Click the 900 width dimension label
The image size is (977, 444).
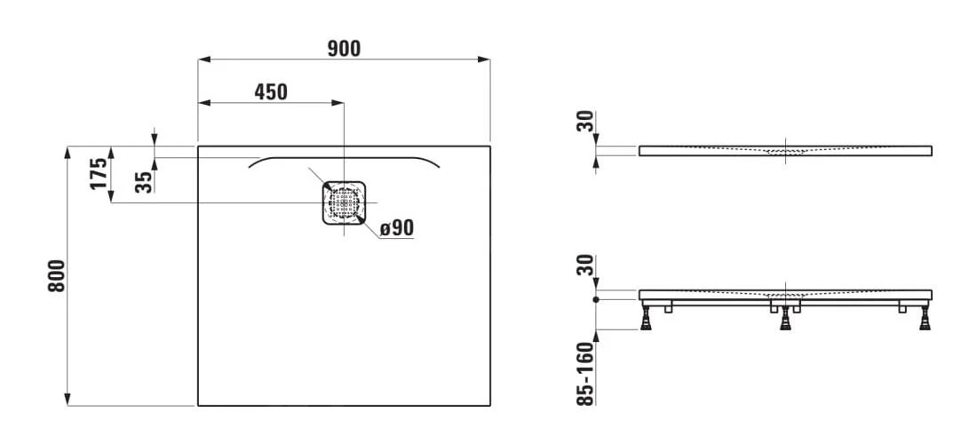pos(343,49)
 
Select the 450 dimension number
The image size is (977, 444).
pos(271,91)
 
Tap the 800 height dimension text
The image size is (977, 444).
pos(57,277)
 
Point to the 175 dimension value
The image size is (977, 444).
pos(99,174)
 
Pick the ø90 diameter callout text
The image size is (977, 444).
pos(396,228)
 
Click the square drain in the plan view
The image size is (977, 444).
pos(343,202)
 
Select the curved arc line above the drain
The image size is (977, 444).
pos(343,156)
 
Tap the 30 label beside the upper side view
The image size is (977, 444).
pos(584,121)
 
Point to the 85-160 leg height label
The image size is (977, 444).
pos(584,375)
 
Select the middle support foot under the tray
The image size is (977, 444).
pos(786,320)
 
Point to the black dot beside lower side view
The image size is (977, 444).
pos(597,299)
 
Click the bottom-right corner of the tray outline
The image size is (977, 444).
pos(489,406)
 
